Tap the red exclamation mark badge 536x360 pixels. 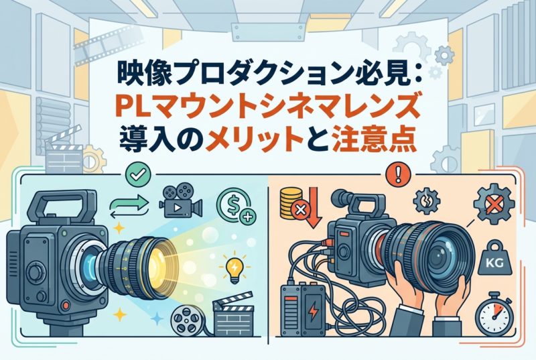tap(397, 175)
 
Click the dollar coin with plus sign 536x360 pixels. tap(237, 206)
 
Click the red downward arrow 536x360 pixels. tap(313, 207)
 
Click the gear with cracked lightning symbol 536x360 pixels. tap(427, 200)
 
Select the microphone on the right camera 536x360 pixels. tap(344, 198)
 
